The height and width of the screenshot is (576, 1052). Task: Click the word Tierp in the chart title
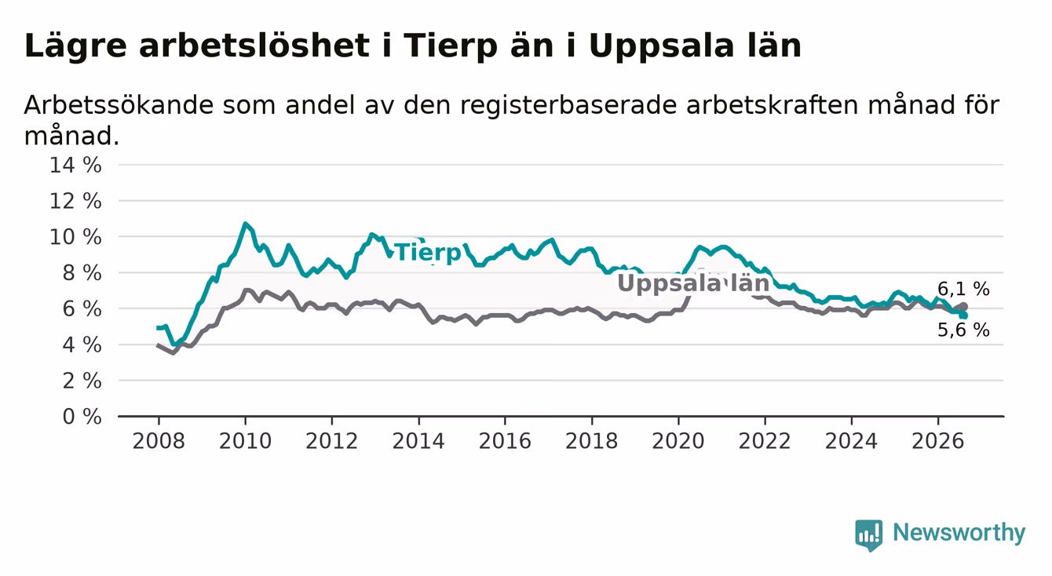(450, 47)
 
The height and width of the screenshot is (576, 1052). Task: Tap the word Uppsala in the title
(661, 47)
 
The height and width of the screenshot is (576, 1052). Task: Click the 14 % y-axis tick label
(75, 166)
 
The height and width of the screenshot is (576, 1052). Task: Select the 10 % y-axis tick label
(75, 237)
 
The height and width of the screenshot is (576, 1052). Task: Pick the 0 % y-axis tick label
(82, 417)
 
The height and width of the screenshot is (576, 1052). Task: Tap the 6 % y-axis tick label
(82, 309)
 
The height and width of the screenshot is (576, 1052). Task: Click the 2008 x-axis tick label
(159, 441)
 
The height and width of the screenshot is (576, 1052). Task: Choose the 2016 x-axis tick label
(505, 441)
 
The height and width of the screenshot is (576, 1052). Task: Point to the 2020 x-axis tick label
(678, 441)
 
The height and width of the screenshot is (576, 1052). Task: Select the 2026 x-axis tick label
(938, 441)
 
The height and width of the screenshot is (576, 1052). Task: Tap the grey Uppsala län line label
(693, 283)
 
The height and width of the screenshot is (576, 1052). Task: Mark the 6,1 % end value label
(964, 289)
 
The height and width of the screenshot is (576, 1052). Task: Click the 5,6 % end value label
(964, 330)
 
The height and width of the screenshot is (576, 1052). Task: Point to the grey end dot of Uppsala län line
(964, 307)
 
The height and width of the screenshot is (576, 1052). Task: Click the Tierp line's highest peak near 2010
(245, 224)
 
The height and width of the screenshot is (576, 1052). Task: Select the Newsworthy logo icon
(869, 535)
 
